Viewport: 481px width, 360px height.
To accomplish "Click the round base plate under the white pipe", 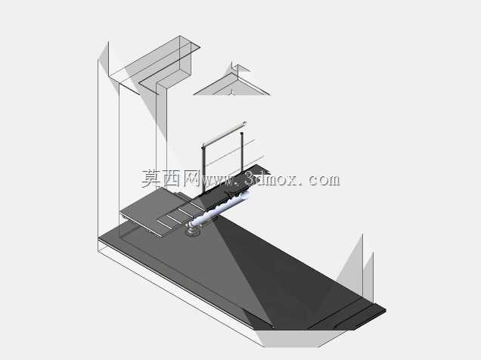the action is tap(193, 233).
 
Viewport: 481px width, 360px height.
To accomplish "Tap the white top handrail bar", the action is tap(225, 134).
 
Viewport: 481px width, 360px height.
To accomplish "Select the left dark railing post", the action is tap(203, 169).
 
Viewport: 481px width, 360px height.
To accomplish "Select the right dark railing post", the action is tap(242, 151).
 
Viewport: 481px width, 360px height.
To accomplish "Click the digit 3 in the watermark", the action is tap(251, 178).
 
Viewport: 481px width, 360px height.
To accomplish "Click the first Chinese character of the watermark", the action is tap(151, 178).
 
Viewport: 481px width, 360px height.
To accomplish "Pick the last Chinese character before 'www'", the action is tap(191, 178).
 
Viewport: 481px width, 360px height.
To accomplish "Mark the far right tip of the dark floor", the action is tap(386, 310).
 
